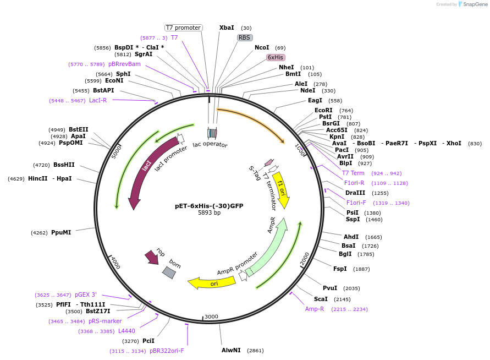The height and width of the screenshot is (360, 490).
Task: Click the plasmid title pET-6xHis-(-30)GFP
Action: click(x=209, y=206)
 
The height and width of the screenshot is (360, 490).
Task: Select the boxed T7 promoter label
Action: click(x=184, y=28)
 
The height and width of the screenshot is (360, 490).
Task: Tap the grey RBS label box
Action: click(x=245, y=37)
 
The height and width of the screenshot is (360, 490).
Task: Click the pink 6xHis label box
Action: click(x=276, y=57)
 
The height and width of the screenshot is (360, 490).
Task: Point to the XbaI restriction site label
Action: click(x=227, y=28)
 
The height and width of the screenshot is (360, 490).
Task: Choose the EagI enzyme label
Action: click(x=315, y=101)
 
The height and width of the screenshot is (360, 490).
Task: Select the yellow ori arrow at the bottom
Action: click(x=212, y=283)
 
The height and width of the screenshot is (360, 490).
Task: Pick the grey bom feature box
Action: click(x=169, y=271)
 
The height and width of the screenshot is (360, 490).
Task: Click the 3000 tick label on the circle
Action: click(x=211, y=317)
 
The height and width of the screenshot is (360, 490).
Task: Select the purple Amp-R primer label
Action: click(x=315, y=309)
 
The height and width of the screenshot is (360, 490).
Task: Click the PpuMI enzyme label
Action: click(x=61, y=232)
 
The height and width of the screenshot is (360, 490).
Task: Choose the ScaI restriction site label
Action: click(x=321, y=299)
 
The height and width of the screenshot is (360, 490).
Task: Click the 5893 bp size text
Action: click(x=209, y=213)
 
